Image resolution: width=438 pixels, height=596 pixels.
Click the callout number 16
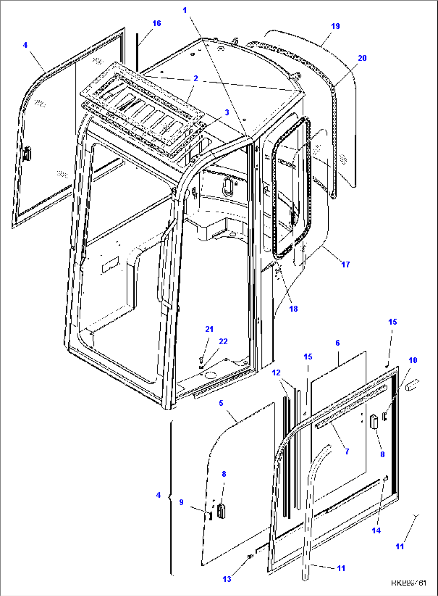pos(156,23)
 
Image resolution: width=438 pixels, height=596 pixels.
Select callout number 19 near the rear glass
pos(335,26)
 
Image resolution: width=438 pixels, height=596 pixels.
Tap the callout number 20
pos(362,58)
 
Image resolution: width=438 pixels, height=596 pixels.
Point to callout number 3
pos(227,112)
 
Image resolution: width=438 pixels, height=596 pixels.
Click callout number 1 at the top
pos(185,10)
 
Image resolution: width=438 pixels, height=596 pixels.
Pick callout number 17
pos(345,264)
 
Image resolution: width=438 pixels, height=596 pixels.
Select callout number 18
pos(293,308)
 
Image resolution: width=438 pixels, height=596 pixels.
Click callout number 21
pos(209,329)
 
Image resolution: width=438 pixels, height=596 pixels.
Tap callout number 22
pos(223,341)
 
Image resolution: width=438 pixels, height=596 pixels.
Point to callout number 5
pos(221,403)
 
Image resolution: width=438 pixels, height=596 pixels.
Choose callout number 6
pos(338,343)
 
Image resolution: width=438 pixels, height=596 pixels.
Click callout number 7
pos(347,451)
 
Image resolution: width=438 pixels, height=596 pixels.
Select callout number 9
pos(181,502)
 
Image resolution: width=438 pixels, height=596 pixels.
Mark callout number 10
pos(413,360)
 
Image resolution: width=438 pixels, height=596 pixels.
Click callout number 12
pos(276,373)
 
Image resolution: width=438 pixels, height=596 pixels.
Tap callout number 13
pos(227,579)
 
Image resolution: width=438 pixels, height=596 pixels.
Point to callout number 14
pos(376,530)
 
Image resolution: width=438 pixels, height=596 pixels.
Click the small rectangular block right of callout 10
pos(412,387)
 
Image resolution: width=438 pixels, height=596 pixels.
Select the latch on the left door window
pos(27,154)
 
